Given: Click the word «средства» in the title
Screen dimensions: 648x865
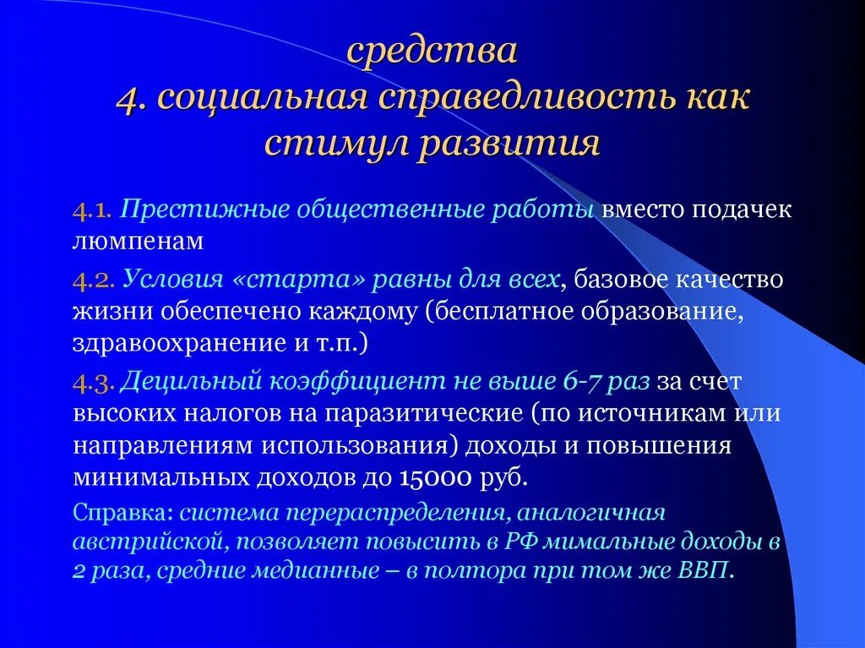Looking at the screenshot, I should coord(432,52).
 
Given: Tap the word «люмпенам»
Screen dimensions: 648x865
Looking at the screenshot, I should coord(138,242).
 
